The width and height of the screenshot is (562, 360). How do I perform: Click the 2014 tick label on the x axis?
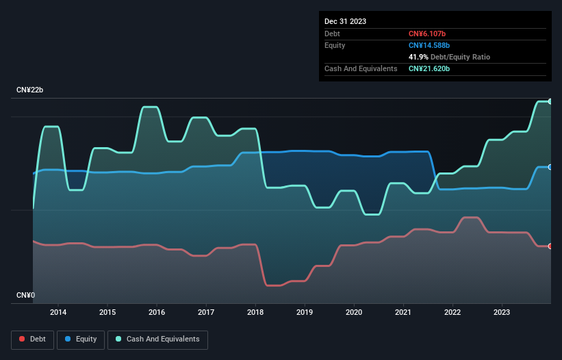[x=58, y=313]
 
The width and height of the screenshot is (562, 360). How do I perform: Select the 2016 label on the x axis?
[x=157, y=313]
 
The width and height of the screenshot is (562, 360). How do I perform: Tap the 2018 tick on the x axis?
[x=255, y=313]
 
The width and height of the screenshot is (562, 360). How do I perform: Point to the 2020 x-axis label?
[x=354, y=313]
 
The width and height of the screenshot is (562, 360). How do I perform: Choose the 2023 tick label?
[x=502, y=313]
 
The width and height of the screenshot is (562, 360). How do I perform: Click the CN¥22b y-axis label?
[x=30, y=90]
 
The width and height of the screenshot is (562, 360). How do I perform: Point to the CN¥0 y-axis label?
[x=26, y=296]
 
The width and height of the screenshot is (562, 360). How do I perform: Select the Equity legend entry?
[x=81, y=339]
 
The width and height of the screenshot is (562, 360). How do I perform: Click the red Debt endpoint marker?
[x=550, y=246]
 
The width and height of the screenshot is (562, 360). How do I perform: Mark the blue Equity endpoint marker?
[x=550, y=167]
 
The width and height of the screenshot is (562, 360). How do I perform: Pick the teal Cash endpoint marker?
[x=550, y=101]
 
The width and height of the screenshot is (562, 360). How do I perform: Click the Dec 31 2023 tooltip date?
[x=345, y=21]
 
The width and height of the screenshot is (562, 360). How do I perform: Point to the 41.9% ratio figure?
[x=419, y=57]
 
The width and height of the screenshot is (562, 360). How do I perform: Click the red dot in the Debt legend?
[x=23, y=339]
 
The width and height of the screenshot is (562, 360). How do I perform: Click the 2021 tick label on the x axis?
[x=403, y=313]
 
